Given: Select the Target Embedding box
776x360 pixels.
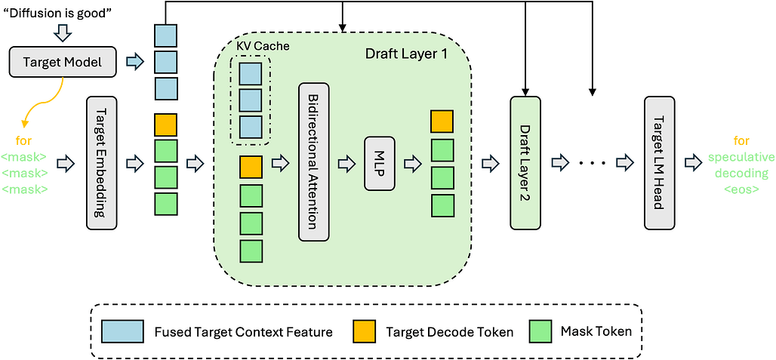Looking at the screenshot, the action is click(101, 163).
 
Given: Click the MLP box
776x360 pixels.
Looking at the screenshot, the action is click(380, 164).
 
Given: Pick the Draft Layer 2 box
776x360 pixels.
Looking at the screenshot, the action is click(525, 163).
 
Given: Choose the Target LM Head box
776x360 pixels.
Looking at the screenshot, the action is click(660, 163).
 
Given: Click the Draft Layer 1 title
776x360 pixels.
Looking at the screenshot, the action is click(406, 53).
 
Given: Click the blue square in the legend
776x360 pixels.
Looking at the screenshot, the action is click(122, 331).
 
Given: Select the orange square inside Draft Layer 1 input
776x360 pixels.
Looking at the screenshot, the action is click(251, 167).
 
